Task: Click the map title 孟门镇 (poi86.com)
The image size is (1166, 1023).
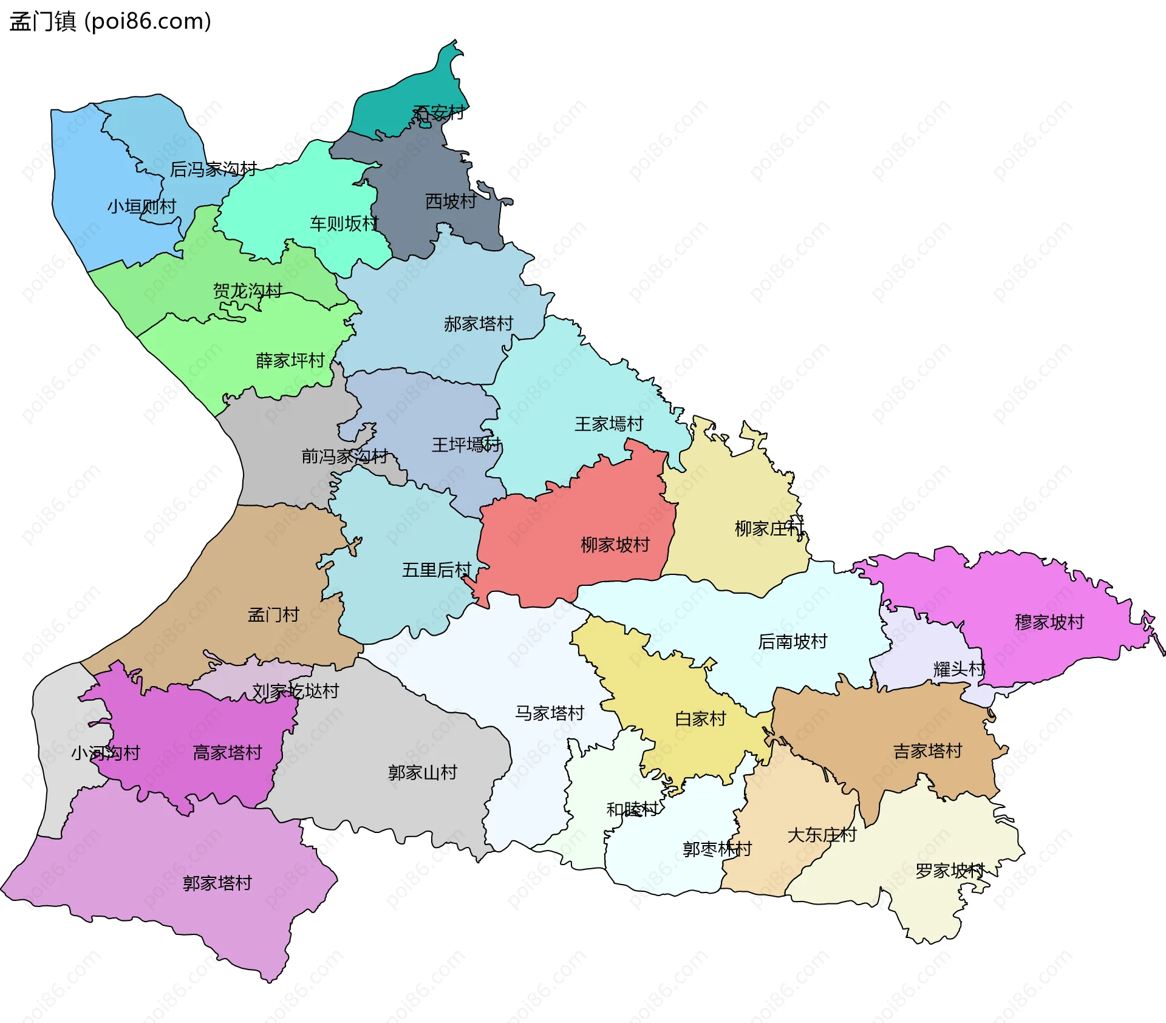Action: [110, 21]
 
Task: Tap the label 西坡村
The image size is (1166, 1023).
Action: [450, 202]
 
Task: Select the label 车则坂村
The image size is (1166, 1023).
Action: [344, 224]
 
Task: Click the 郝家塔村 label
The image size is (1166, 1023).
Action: [479, 324]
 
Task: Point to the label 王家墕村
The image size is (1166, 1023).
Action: [609, 424]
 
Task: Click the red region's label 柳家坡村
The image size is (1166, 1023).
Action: [615, 545]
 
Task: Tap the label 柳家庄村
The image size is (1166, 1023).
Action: [769, 529]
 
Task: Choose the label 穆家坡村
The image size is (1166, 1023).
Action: [1049, 622]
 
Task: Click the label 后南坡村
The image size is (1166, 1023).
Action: [793, 642]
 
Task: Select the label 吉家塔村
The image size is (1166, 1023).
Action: [927, 752]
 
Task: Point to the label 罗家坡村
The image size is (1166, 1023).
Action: [950, 871]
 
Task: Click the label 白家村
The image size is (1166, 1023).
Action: [700, 719]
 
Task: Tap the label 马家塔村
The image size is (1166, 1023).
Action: [550, 713]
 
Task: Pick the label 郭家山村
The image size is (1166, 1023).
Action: [423, 773]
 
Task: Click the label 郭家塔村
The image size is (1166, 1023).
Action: [217, 883]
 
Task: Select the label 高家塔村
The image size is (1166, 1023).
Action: [227, 753]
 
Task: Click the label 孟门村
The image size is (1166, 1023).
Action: [273, 615]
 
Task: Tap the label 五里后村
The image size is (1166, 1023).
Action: [437, 570]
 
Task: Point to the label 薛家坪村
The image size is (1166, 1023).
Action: [290, 361]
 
